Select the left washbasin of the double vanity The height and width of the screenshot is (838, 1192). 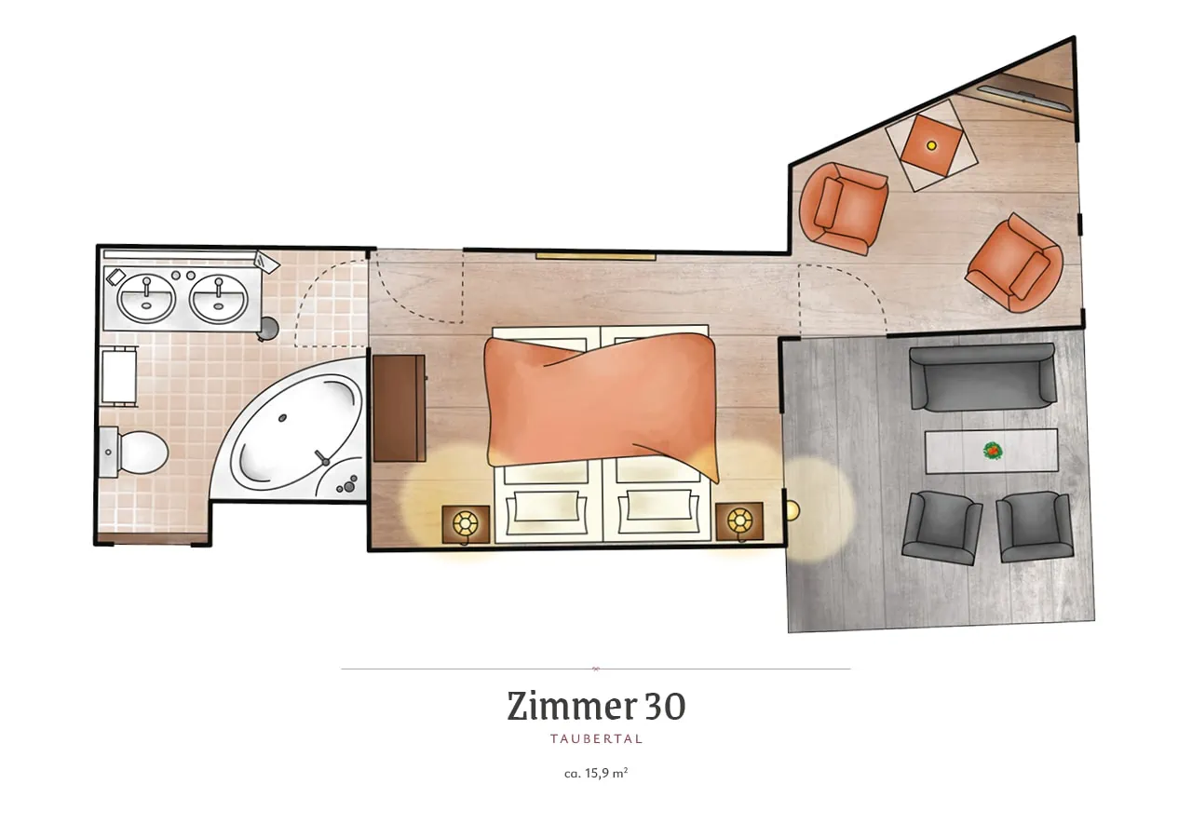tap(146, 299)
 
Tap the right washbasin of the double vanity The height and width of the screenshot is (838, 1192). tap(218, 299)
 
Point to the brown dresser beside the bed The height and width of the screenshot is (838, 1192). tap(400, 408)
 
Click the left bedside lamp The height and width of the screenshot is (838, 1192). tap(466, 523)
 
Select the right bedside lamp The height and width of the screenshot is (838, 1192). tap(739, 520)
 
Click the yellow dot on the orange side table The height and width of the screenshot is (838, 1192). tap(931, 145)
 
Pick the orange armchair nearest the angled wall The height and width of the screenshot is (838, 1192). tap(844, 209)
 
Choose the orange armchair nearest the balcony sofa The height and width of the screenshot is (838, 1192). tap(1013, 264)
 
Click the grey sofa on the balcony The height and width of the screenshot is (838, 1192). tap(982, 378)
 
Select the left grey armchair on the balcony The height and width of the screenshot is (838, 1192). tap(941, 528)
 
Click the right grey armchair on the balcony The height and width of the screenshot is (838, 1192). tap(1034, 527)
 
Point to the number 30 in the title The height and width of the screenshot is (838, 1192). tap(666, 707)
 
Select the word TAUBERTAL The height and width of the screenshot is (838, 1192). tap(597, 739)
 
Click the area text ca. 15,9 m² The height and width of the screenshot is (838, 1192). tap(596, 774)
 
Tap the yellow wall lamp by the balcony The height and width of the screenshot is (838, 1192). tap(792, 511)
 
